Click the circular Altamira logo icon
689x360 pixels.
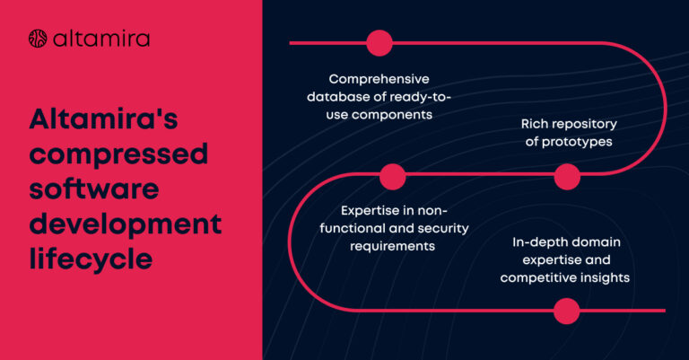38,39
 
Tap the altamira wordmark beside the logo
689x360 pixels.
101,39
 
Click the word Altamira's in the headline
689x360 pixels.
103,119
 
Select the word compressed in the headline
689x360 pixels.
118,154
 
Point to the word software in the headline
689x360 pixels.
94,189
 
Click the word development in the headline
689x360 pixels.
126,224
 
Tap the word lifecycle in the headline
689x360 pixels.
91,259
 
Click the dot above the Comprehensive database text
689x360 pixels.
379,43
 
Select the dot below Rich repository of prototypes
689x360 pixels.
567,177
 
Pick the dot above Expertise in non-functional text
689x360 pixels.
392,177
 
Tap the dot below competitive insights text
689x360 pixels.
566,311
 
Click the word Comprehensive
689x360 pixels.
379,79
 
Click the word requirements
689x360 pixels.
392,246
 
